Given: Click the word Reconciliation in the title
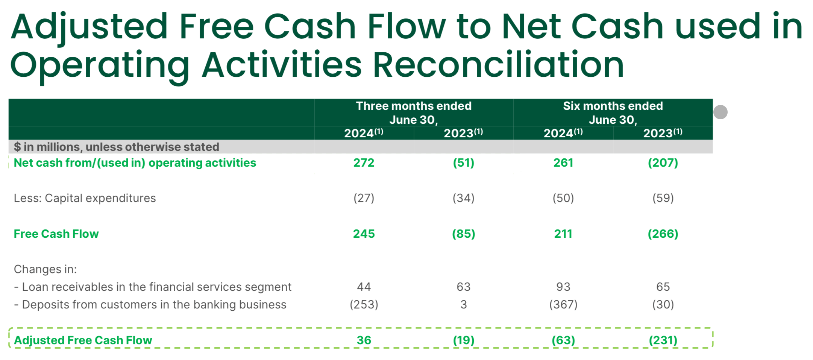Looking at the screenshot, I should pos(498,65).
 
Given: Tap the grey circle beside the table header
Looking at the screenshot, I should pos(720,112).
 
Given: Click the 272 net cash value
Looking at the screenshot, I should pos(364,163).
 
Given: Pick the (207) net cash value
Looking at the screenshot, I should pos(663,163).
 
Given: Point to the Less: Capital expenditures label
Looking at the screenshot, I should pos(85,198).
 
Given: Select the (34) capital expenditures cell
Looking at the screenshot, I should pos(463,198).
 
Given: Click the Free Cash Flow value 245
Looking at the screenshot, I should pos(364,234).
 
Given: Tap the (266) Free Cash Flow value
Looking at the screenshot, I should pos(663,234).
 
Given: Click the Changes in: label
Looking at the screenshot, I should pos(45,269).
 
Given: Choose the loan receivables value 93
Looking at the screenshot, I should pos(563,287).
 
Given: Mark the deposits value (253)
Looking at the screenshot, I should pos(364,305).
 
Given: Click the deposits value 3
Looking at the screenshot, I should pos(463,305).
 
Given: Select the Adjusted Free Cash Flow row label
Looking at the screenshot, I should pos(83,340).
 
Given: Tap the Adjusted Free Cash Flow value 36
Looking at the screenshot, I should pos(364,340).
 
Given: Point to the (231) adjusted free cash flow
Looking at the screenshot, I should pos(663,340).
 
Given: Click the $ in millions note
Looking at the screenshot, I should pos(116,147).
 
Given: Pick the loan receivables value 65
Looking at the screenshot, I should pos(663,287).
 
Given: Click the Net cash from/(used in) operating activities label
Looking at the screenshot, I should pos(135,163).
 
